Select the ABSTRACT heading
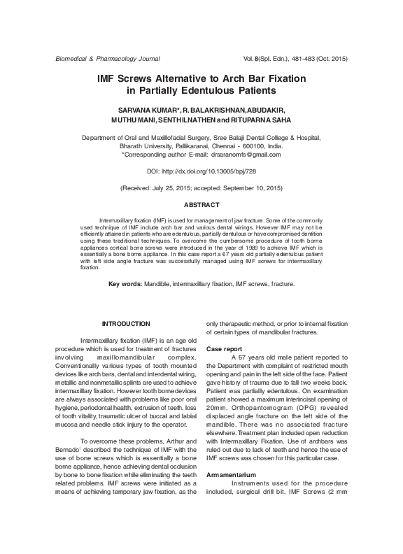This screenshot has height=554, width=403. tap(201, 205)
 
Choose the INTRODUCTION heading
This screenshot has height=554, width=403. tap(126, 323)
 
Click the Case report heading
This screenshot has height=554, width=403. tap(225, 348)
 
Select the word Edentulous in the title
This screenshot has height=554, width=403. tap(213, 91)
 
